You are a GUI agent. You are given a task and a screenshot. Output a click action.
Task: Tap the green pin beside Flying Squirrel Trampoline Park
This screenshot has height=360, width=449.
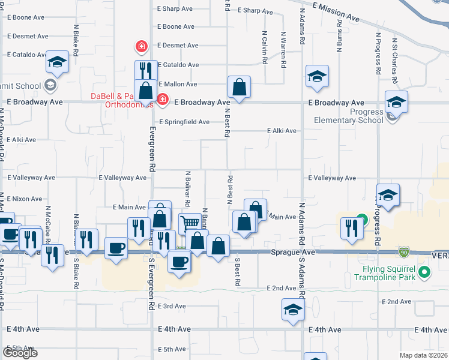[424, 273]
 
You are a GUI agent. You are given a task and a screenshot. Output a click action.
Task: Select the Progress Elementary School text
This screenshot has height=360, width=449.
[349, 116]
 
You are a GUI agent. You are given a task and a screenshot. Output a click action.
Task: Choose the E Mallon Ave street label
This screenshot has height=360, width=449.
[177, 84]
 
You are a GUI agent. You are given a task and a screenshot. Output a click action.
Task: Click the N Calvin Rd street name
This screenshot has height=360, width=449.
[264, 48]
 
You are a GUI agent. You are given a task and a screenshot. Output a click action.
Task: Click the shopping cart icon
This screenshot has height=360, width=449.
[190, 223]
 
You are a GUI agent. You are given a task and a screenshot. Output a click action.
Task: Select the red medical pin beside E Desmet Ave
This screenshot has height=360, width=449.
[142, 46]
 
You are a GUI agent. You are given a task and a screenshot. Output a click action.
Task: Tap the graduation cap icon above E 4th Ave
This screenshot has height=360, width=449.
[292, 310]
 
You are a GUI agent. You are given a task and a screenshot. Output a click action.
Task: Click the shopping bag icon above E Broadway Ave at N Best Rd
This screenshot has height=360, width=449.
[239, 87]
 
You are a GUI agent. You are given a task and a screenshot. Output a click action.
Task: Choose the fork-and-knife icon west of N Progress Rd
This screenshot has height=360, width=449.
[351, 227]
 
